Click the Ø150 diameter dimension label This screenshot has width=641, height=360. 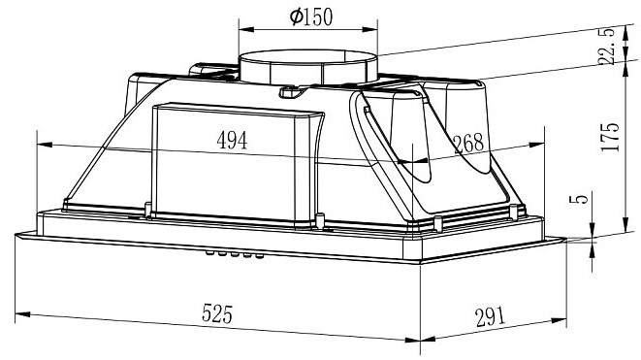[x=311, y=16]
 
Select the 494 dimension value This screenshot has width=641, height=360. [x=232, y=141]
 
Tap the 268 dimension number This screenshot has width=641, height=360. [x=469, y=144]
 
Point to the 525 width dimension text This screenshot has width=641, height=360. [x=217, y=313]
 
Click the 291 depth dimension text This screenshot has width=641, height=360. [x=490, y=317]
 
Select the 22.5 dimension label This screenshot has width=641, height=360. [x=606, y=46]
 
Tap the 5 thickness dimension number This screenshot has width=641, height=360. [x=579, y=198]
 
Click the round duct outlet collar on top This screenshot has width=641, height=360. [x=307, y=68]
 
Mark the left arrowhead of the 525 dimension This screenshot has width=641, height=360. [x=22, y=314]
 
